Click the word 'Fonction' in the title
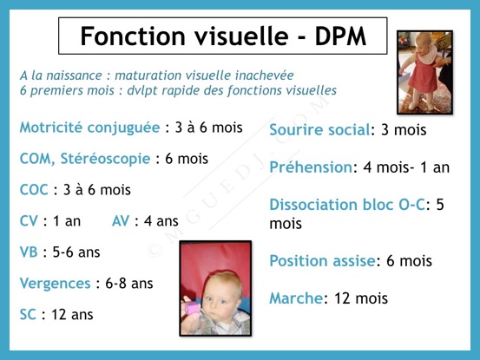coord(133,36)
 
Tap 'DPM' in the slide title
coord(340,36)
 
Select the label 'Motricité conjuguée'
coord(89,128)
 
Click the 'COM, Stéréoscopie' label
coord(85,159)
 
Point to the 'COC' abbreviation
coord(34,190)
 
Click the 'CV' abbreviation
coord(29,221)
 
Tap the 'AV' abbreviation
coord(121,221)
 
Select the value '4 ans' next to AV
coord(161,221)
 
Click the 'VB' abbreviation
coord(29,252)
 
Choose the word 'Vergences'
coord(55,284)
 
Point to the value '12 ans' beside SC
coord(72,314)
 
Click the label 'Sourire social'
coord(320,129)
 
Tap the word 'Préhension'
coord(311,167)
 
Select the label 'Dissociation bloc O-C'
coord(347,205)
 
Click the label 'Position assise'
coord(323,261)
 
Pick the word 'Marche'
coord(296,298)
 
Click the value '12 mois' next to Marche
coord(361,298)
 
